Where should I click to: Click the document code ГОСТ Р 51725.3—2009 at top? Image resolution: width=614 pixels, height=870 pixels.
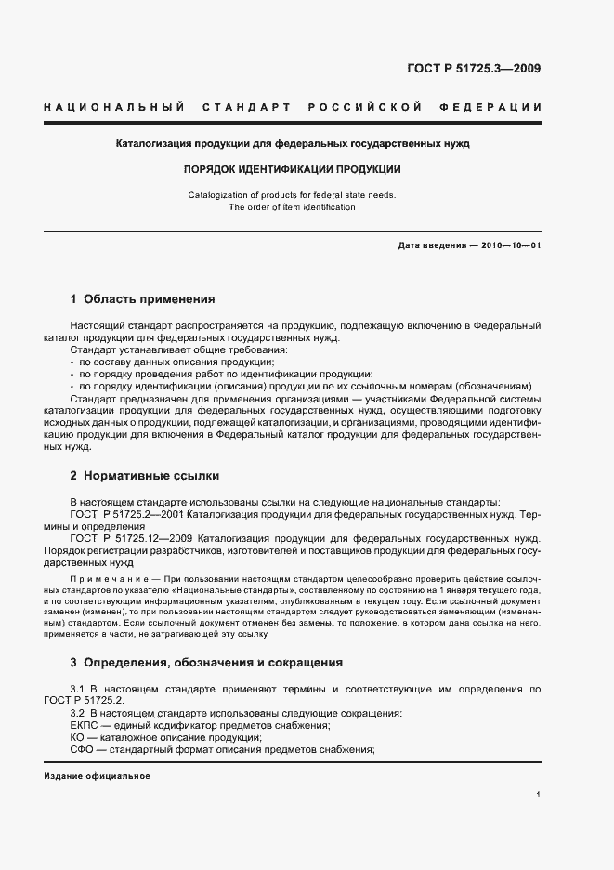pyautogui.click(x=474, y=68)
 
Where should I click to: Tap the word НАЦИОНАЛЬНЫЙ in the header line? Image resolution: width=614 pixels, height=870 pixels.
pyautogui.click(x=113, y=108)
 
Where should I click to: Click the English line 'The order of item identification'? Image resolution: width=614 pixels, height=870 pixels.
pyautogui.click(x=292, y=207)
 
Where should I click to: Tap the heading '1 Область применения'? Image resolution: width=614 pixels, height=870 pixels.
pyautogui.click(x=142, y=299)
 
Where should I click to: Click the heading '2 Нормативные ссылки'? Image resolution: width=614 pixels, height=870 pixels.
pyautogui.click(x=144, y=476)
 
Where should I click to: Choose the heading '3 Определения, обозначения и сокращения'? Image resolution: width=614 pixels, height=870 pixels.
pyautogui.click(x=206, y=663)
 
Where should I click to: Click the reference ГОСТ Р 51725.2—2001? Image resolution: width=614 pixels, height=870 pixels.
pyautogui.click(x=128, y=513)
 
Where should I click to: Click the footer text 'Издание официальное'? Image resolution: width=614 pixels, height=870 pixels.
pyautogui.click(x=97, y=776)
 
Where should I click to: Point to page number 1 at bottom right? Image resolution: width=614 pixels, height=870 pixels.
pyautogui.click(x=539, y=795)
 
